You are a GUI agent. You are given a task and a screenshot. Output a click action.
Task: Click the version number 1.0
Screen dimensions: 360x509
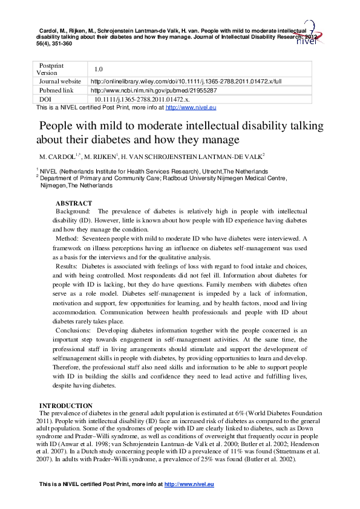98,70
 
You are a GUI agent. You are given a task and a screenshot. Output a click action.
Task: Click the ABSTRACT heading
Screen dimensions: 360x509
74,204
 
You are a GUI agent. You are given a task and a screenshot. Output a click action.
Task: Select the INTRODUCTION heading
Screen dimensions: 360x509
65,405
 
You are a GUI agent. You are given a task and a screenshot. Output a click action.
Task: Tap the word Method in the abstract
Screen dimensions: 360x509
68,239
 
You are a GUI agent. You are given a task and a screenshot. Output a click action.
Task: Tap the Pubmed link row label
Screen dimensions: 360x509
56,89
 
